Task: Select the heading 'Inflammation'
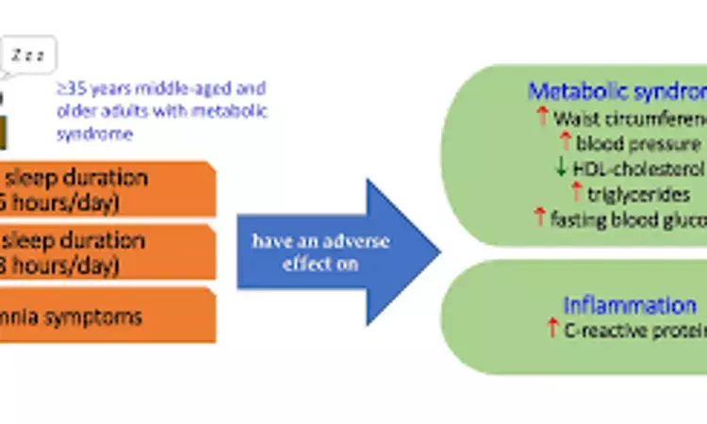[630, 305]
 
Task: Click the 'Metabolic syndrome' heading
[617, 91]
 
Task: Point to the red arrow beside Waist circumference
[542, 118]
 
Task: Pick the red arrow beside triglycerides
[578, 192]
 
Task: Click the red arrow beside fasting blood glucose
[541, 217]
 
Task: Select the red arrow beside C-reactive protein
[552, 329]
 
